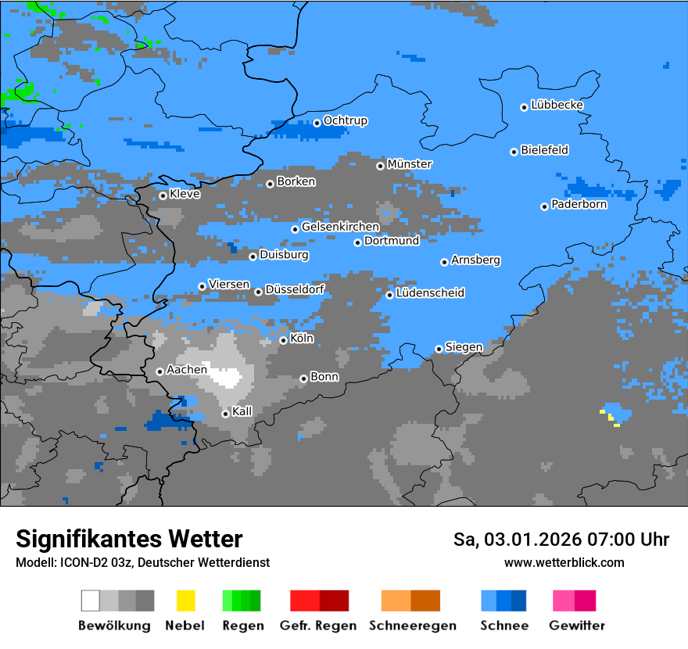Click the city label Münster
(x=409, y=164)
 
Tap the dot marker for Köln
(x=283, y=340)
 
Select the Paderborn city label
(x=579, y=205)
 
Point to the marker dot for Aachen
(x=159, y=371)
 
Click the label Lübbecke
(x=557, y=105)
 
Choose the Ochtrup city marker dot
(x=317, y=123)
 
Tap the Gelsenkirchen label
(x=340, y=227)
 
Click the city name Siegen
(x=464, y=347)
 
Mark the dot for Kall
(x=225, y=414)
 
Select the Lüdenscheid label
(x=430, y=293)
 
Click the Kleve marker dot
(x=163, y=195)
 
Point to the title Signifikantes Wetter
(x=129, y=540)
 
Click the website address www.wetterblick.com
(x=564, y=562)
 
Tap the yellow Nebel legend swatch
(x=185, y=601)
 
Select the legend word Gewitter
(x=576, y=626)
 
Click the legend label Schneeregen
(x=412, y=626)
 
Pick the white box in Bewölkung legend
(x=91, y=601)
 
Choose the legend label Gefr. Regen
(x=317, y=626)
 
